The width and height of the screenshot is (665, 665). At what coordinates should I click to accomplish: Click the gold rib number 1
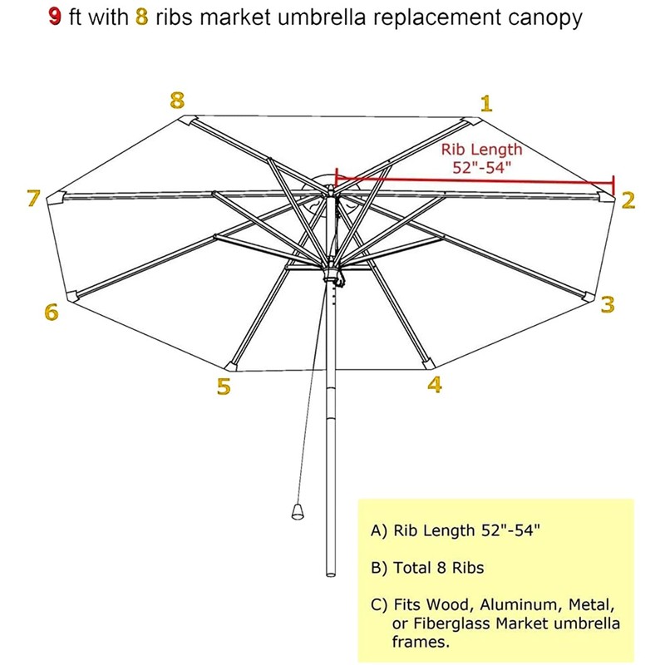pos(486,103)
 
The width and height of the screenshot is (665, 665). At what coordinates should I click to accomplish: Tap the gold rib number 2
pos(628,199)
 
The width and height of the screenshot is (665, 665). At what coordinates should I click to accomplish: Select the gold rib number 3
pos(608,305)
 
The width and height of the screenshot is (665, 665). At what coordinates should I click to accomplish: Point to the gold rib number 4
pos(435,385)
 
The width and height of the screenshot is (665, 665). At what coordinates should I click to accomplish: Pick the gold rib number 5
pos(223,387)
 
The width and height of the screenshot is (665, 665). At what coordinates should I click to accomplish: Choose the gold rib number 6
pos(52,313)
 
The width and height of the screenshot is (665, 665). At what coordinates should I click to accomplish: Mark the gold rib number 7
pos(33,198)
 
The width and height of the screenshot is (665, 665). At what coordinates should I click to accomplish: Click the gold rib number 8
pos(176,101)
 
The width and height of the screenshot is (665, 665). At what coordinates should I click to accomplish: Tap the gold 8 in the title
pos(140,18)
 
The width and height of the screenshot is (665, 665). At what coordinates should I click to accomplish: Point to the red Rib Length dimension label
pos(481,158)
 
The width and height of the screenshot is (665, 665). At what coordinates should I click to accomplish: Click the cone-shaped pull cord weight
pos(297,510)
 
